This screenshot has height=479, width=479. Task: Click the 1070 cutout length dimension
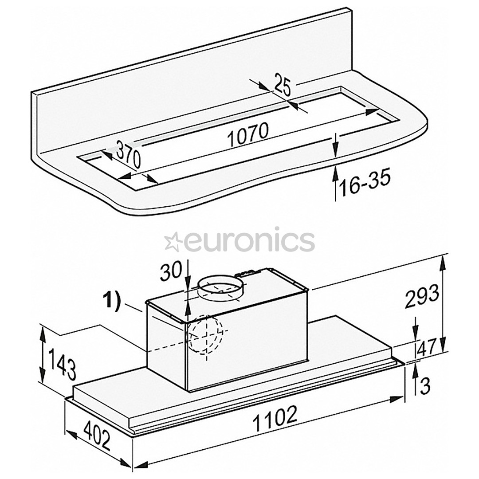[248, 135]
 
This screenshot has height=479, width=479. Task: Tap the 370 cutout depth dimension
[128, 155]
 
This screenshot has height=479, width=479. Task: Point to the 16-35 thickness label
[365, 184]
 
